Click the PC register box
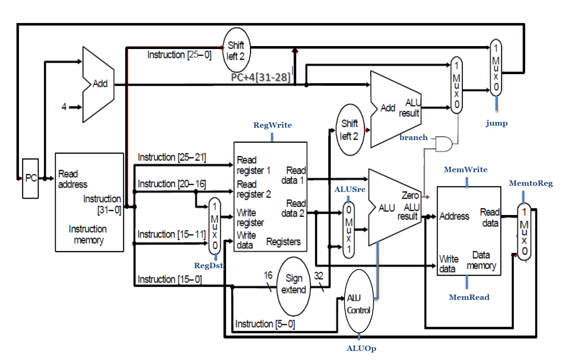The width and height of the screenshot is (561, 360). point(30,178)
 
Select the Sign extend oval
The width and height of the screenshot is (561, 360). point(293,285)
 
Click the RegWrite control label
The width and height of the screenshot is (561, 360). point(272,125)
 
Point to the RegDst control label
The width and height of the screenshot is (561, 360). point(208,265)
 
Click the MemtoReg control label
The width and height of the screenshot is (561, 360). point(531,183)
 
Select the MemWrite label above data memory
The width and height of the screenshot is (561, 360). point(465,170)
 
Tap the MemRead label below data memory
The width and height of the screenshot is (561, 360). point(469,297)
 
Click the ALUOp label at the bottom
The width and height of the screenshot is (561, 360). point(361,348)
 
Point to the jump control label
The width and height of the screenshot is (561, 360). point(496,123)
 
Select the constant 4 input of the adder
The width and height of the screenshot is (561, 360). point(64,107)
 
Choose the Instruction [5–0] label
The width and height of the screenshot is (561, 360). point(265,324)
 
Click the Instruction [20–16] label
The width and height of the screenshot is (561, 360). point(171,184)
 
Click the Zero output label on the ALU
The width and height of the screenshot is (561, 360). point(410,196)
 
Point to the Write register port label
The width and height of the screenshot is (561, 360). point(250,218)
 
